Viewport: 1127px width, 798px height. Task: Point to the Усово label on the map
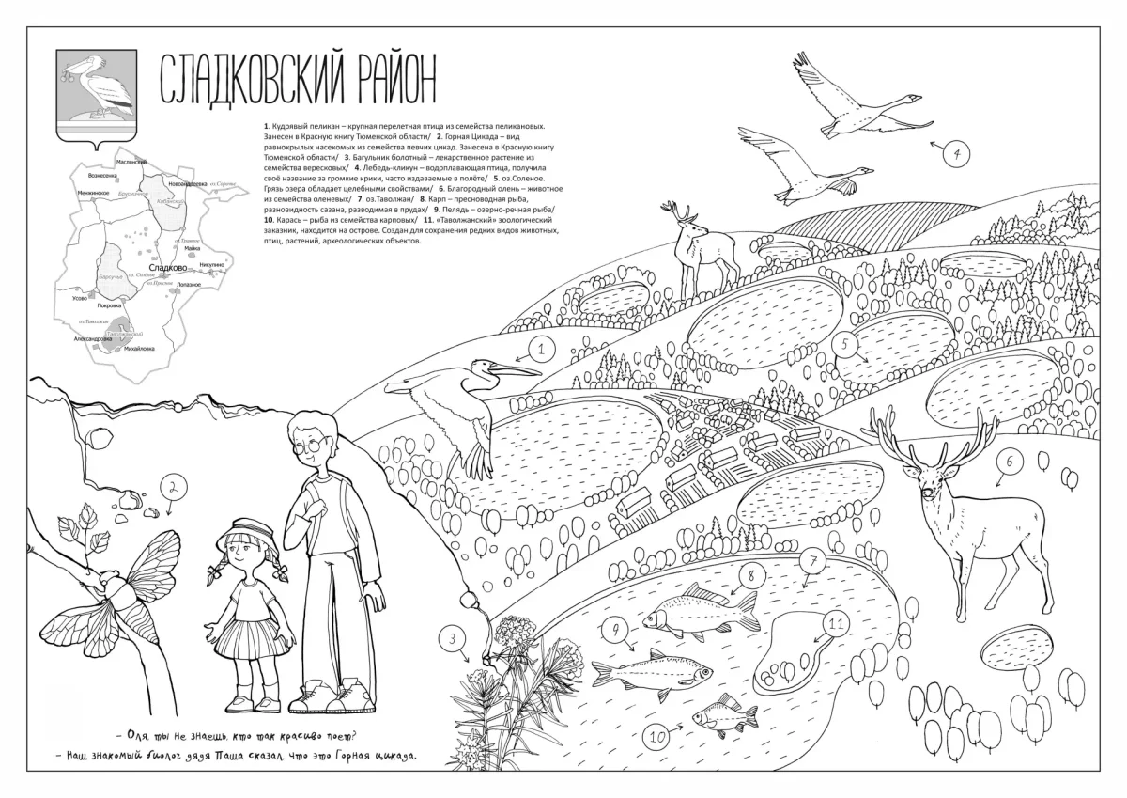tap(79, 298)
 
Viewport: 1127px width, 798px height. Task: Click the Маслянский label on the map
tap(131, 163)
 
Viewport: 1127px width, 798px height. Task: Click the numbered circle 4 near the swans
tap(956, 154)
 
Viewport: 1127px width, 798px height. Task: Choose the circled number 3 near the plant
tap(452, 640)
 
